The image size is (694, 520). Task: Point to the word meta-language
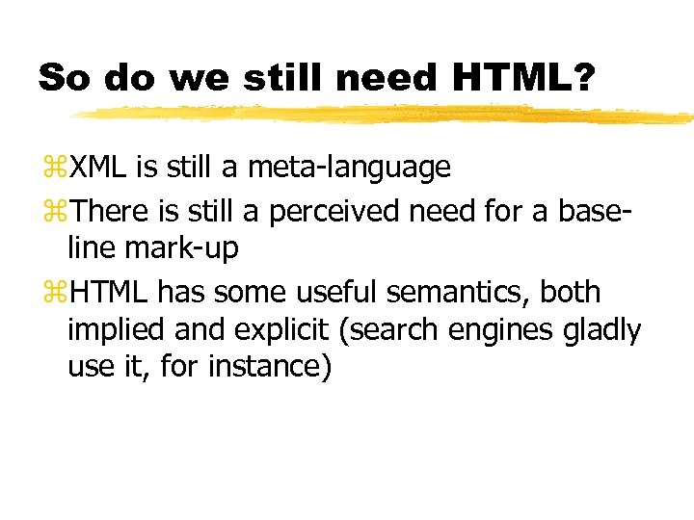(349, 168)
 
